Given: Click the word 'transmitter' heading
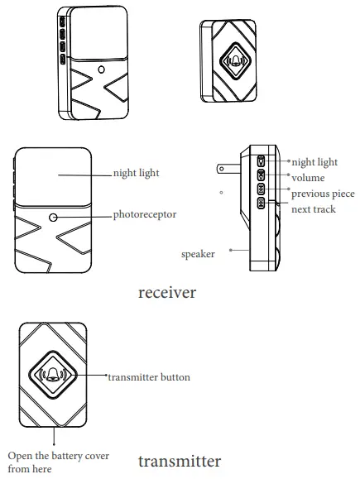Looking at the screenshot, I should pyautogui.click(x=179, y=461).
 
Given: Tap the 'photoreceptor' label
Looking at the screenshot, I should pyautogui.click(x=145, y=215).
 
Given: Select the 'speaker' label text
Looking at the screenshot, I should pyautogui.click(x=198, y=254).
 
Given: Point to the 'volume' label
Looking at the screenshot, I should pyautogui.click(x=308, y=178).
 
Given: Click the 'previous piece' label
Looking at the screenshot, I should pyautogui.click(x=323, y=194).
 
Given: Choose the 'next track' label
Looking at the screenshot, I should pyautogui.click(x=314, y=209).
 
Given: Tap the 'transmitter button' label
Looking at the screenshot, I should pyautogui.click(x=149, y=377).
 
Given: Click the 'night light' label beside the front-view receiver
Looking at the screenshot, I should pyautogui.click(x=136, y=174).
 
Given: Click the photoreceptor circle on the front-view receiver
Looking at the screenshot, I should pyautogui.click(x=53, y=217).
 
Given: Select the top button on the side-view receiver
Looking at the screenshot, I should pyautogui.click(x=260, y=162).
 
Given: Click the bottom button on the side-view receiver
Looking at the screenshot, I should pyautogui.click(x=260, y=203).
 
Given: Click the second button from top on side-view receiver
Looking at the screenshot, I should pyautogui.click(x=260, y=175).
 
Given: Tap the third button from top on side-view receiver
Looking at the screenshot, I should pyautogui.click(x=260, y=189).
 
